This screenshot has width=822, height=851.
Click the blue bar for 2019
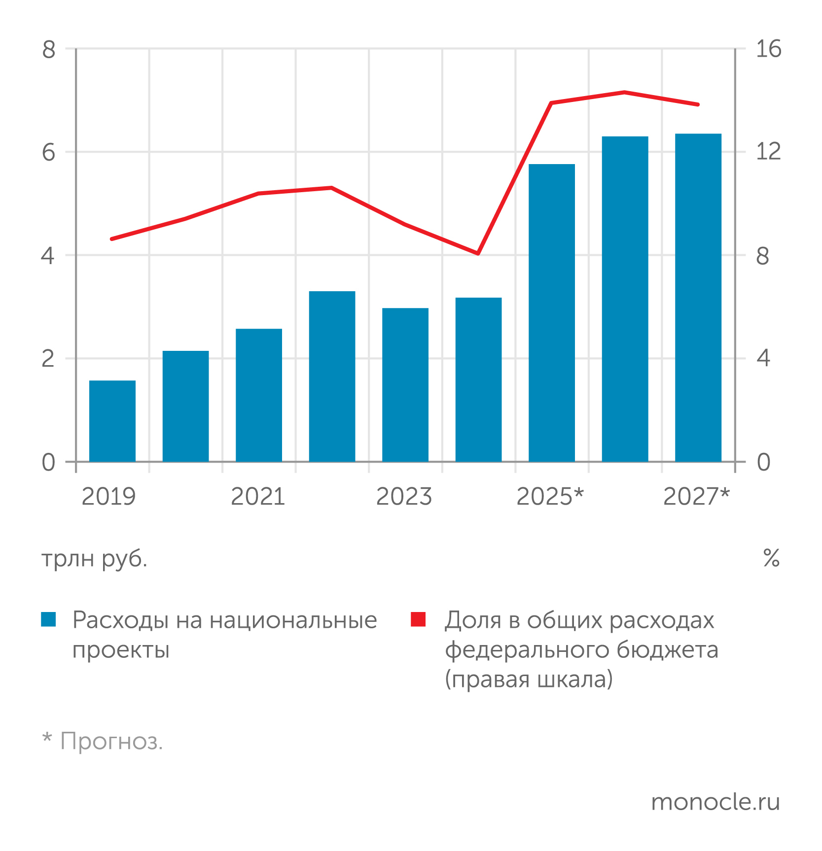click(x=112, y=421)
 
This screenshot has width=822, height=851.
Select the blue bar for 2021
click(x=259, y=395)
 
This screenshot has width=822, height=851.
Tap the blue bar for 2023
click(x=405, y=384)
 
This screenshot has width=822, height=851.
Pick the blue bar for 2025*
click(x=552, y=312)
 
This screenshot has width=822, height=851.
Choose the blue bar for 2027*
click(x=698, y=297)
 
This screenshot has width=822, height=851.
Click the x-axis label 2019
click(x=108, y=496)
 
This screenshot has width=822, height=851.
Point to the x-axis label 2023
click(x=404, y=496)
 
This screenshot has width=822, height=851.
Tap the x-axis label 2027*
click(x=696, y=496)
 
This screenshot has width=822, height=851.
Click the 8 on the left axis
click(x=49, y=50)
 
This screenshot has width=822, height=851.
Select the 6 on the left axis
click(x=49, y=152)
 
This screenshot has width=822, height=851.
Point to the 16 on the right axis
click(x=768, y=50)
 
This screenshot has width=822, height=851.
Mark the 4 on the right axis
click(x=763, y=358)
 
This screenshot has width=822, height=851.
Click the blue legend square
click(x=49, y=619)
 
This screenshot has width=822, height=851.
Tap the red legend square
click(x=418, y=619)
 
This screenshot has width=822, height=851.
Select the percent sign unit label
click(x=771, y=558)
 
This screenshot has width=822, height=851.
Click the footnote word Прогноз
click(x=111, y=741)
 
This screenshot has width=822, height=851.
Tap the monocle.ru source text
click(x=715, y=802)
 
